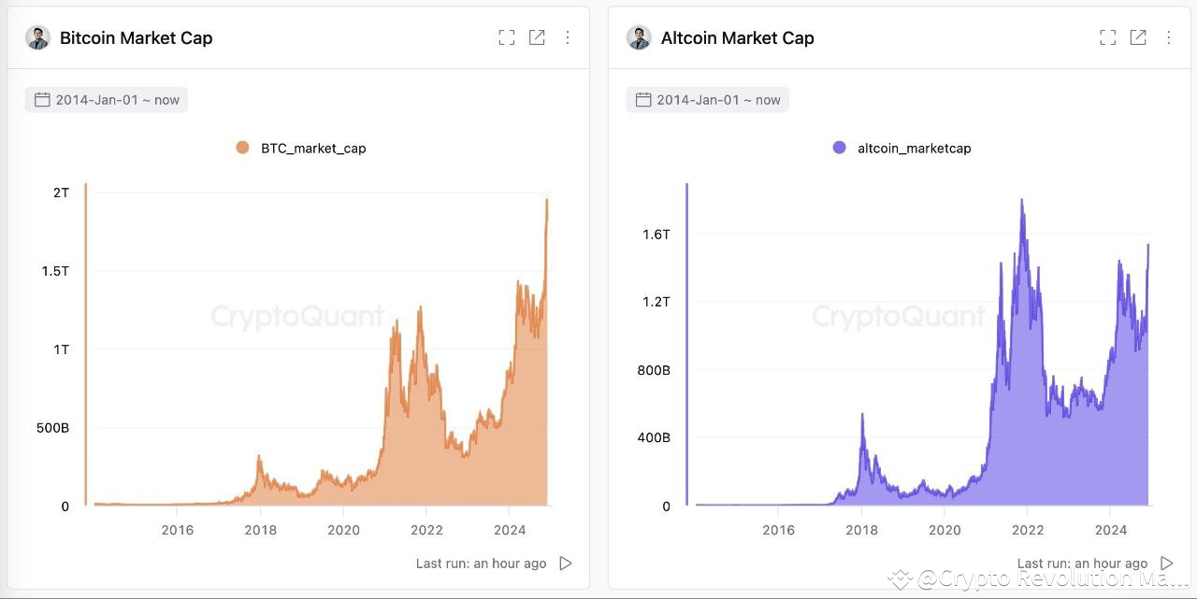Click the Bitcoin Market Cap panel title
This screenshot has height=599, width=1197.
click(x=136, y=38)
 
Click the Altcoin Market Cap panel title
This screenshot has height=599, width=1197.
click(x=737, y=38)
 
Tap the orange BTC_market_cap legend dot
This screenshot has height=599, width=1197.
click(x=242, y=148)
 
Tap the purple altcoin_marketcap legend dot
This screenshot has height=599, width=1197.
click(x=839, y=148)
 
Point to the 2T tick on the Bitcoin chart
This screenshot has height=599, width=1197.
click(x=61, y=193)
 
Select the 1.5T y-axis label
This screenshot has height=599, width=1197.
click(x=54, y=271)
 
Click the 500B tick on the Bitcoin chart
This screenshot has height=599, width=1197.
click(x=52, y=428)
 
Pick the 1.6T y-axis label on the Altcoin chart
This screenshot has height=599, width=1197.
click(x=656, y=235)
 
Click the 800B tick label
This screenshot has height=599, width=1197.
click(x=654, y=370)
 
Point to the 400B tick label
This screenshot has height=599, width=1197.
click(x=654, y=437)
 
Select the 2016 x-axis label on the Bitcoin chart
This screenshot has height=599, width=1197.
click(x=178, y=531)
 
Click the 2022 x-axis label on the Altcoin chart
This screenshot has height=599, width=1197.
click(x=1027, y=531)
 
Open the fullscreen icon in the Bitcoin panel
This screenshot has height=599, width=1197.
click(x=507, y=37)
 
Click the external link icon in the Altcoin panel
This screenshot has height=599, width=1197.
click(x=1138, y=37)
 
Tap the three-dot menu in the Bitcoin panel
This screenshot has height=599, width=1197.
click(x=568, y=37)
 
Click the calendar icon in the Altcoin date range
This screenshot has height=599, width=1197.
click(x=642, y=100)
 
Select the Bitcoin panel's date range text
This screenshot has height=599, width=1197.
click(x=117, y=100)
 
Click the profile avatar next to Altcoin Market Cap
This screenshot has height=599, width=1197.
click(x=639, y=38)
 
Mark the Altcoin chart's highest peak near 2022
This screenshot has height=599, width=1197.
click(x=1021, y=200)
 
